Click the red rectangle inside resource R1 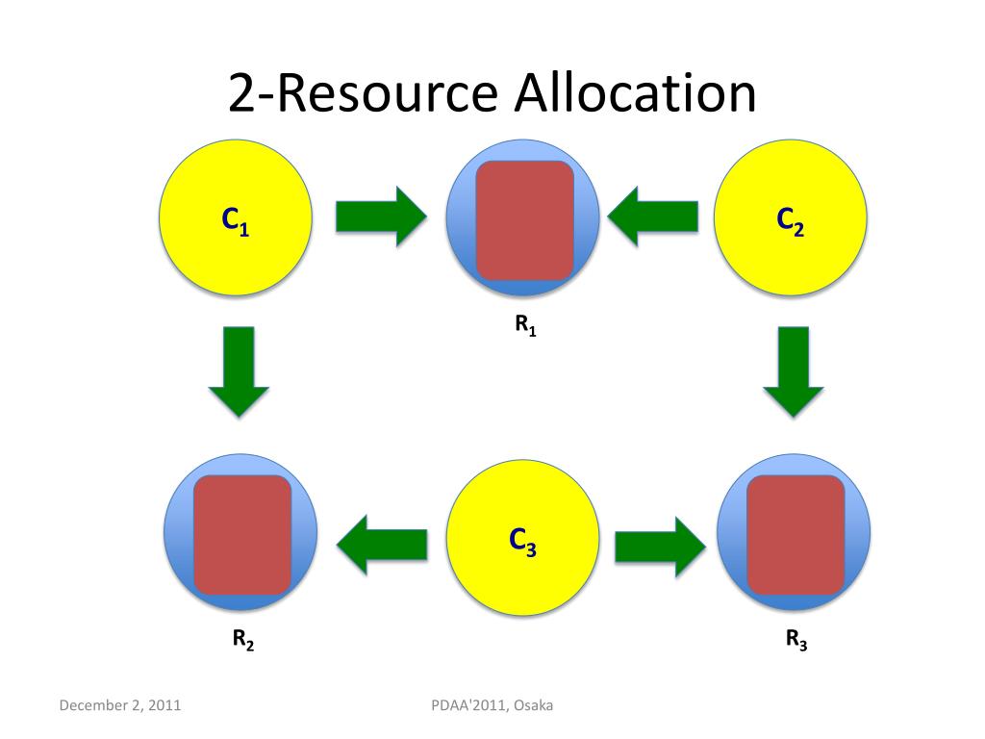point(524,220)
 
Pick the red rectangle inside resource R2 point(242,535)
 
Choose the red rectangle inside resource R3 point(796,535)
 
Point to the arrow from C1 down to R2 point(238,370)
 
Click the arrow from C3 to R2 point(382,545)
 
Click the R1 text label point(525,326)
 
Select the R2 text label point(242,640)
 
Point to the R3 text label point(796,640)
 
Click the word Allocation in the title point(635,94)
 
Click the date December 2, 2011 point(120,706)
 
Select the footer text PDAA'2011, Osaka point(492,706)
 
